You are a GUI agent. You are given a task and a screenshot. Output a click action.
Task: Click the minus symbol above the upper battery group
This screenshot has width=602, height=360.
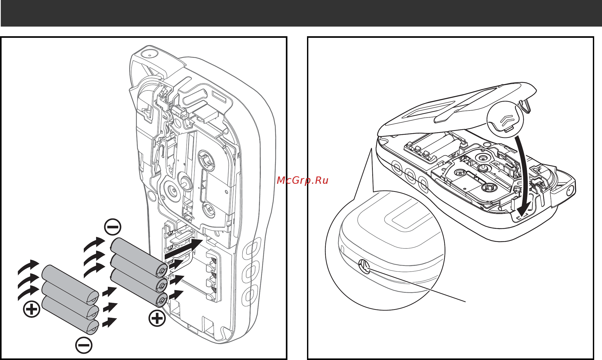click(x=113, y=227)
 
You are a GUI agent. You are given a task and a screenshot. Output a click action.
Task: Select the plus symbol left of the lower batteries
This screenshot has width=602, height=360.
click(x=32, y=309)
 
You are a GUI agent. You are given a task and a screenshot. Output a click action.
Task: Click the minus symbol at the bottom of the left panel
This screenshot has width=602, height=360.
click(x=84, y=345)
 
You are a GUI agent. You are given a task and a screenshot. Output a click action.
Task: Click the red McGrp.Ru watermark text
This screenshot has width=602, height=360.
click(x=302, y=180)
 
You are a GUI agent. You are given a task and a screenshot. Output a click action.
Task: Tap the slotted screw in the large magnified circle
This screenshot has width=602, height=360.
click(x=364, y=267)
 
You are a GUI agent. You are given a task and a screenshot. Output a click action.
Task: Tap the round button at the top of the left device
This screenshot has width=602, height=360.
click(x=149, y=54)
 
